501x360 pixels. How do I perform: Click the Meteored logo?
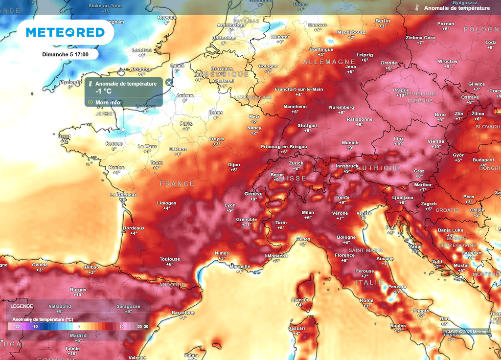[x=65, y=32]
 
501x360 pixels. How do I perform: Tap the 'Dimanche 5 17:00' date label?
[x=65, y=54]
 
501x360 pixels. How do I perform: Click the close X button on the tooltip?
[x=169, y=83]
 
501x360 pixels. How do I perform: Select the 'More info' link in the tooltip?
[x=108, y=102]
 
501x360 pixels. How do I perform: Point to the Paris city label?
[x=186, y=124]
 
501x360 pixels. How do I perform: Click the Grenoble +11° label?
[x=247, y=220]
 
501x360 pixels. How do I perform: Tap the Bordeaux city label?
[x=134, y=228]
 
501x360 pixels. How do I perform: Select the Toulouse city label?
[x=170, y=259]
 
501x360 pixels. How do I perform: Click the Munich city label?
[x=350, y=143]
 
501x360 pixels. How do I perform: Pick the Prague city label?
[x=401, y=90]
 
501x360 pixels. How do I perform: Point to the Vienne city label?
[x=435, y=141]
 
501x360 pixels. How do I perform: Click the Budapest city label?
[x=483, y=160]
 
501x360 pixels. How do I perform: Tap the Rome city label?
[x=366, y=300]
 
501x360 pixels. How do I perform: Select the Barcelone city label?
[x=183, y=313]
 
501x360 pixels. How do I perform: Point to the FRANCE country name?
[x=177, y=183]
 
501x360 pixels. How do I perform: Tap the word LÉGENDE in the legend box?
[x=22, y=306]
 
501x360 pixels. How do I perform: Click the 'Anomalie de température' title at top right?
[x=456, y=8]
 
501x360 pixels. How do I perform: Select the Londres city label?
[x=142, y=50]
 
